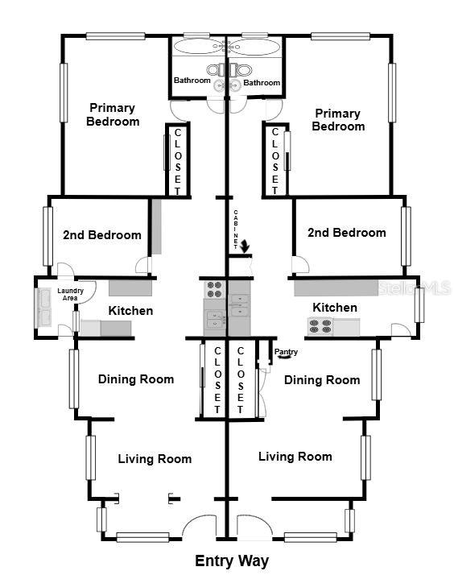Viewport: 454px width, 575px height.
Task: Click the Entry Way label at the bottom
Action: tap(232, 561)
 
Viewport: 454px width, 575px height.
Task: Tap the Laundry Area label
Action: tap(70, 294)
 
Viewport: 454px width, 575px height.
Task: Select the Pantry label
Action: tap(286, 352)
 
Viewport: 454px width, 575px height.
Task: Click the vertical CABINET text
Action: tap(236, 229)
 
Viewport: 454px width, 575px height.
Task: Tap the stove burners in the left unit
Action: tap(214, 289)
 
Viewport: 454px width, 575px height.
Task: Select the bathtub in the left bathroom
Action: tap(198, 47)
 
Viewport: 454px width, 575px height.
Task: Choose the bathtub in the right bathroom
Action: tap(254, 47)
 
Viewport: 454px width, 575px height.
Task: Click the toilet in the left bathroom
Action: tap(217, 69)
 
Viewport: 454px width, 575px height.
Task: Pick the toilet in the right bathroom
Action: tap(241, 69)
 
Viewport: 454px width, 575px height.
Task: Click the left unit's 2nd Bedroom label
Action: tap(102, 234)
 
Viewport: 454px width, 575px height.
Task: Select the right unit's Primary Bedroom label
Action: tap(338, 120)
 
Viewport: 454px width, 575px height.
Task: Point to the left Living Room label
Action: tap(155, 459)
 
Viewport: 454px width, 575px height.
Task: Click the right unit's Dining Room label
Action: tap(322, 380)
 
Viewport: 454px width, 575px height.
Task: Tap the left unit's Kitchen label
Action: tap(130, 311)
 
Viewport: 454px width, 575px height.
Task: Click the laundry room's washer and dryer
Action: tap(46, 308)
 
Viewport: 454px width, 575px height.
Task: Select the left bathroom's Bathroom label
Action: tap(192, 80)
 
